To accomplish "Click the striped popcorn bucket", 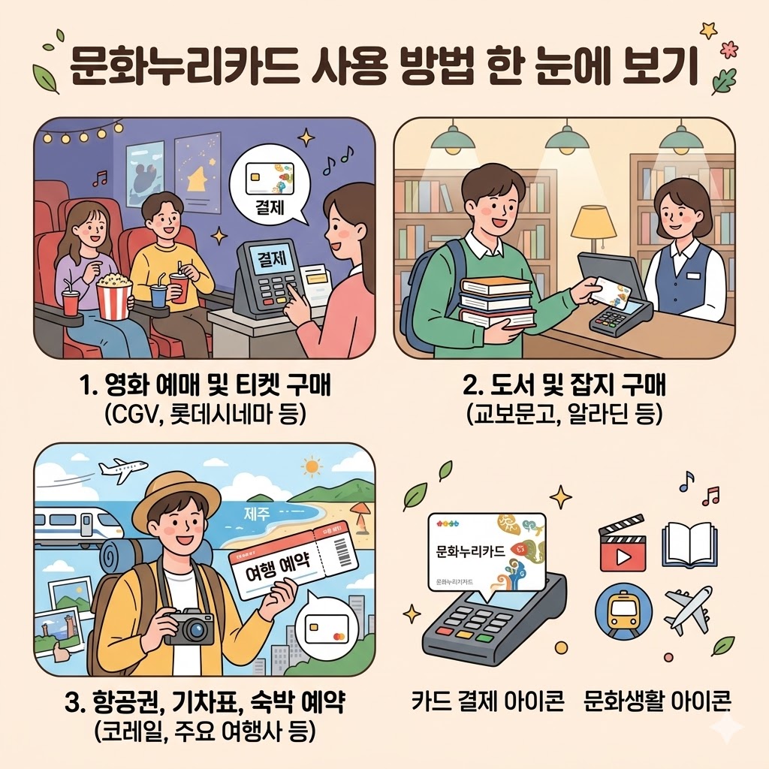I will (x=114, y=299).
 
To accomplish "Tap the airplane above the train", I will (x=122, y=470).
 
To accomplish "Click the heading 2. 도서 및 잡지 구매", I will (x=565, y=388).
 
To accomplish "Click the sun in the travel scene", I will (x=312, y=467).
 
